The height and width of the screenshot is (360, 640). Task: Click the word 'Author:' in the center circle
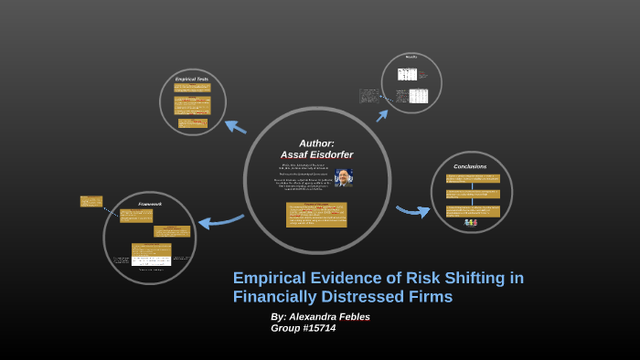click(x=316, y=143)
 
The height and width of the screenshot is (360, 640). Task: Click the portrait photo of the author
click(x=343, y=177)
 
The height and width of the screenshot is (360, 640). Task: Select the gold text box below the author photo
click(x=316, y=214)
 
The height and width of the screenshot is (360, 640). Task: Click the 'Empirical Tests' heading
click(x=192, y=79)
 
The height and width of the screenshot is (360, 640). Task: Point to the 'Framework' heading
click(x=150, y=204)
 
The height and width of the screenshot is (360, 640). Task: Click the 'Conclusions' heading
click(x=470, y=166)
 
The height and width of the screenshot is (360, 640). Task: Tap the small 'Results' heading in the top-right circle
click(x=411, y=58)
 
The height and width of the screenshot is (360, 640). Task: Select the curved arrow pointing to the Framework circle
click(x=219, y=220)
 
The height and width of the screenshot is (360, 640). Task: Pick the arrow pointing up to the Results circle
click(x=382, y=115)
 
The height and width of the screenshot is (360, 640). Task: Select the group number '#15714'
click(x=316, y=328)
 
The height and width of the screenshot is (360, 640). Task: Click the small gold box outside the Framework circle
click(x=91, y=201)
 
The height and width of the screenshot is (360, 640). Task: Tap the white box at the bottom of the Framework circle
click(x=151, y=260)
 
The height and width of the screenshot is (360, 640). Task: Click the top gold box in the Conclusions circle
click(x=473, y=179)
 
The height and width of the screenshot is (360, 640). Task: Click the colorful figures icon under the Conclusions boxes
click(x=470, y=222)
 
